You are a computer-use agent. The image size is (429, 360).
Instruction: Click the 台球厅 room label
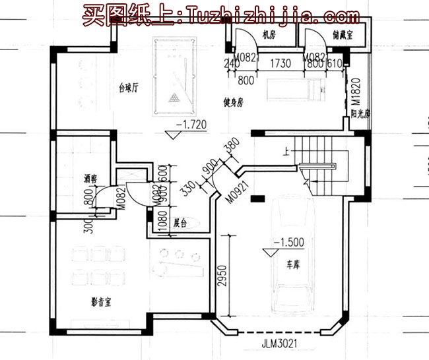[129, 87]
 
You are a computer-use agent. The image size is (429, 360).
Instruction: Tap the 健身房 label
[233, 102]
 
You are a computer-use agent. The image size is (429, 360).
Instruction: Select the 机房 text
[267, 34]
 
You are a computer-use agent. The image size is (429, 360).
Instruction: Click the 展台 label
[181, 224]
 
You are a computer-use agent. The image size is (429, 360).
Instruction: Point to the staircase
[320, 168]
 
